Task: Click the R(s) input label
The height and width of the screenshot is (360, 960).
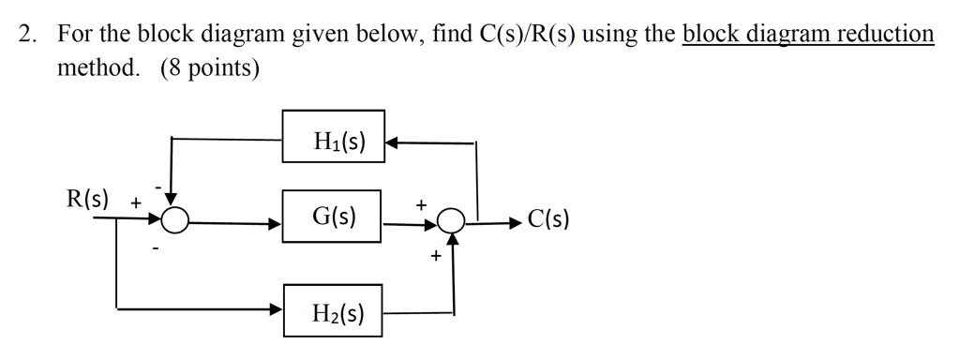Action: tap(87, 199)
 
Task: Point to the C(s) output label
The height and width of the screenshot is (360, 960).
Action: tap(548, 220)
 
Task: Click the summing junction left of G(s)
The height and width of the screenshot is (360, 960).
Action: tap(173, 220)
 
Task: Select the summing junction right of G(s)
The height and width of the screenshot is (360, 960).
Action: tap(453, 220)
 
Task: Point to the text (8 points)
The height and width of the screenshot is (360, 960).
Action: tap(210, 70)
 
